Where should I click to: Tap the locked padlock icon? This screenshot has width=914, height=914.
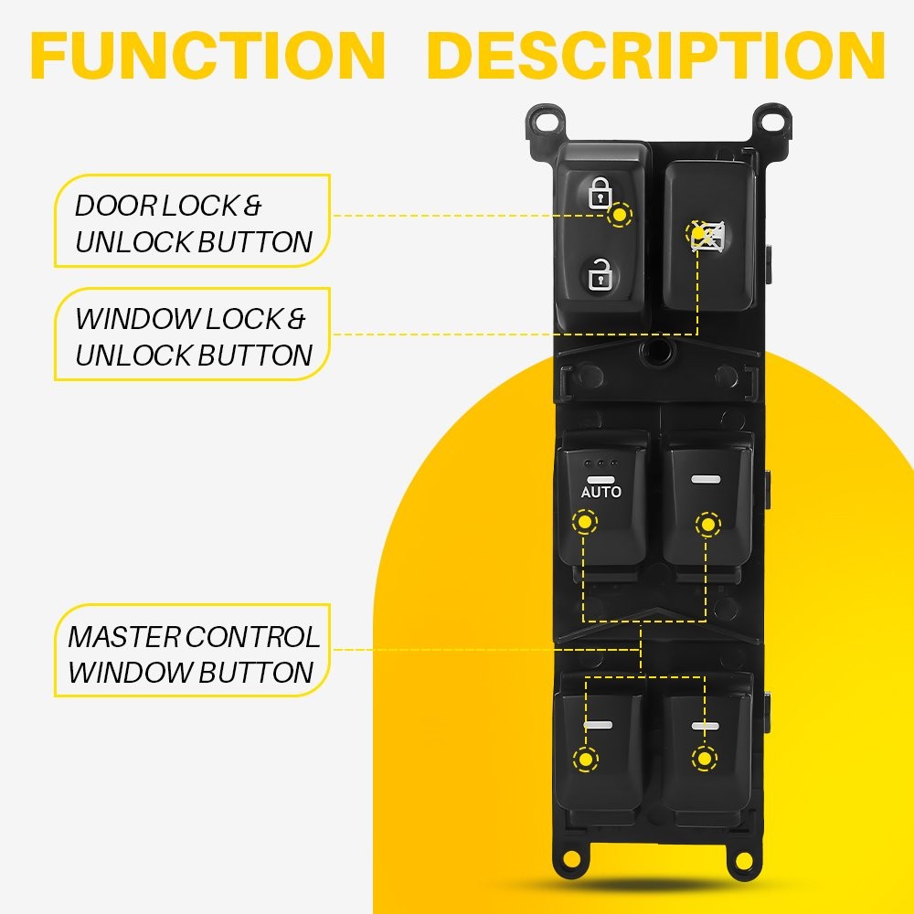(600, 193)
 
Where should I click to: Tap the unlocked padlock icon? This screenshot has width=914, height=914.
(600, 272)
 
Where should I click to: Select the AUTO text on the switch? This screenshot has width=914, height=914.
(600, 492)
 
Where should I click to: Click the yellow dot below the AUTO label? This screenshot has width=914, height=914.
(582, 523)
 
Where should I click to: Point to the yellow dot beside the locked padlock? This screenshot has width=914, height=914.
(622, 216)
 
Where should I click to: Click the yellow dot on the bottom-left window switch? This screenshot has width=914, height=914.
(582, 759)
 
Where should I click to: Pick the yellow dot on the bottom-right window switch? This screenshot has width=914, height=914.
(704, 758)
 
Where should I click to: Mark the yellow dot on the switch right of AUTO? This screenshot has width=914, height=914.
(707, 524)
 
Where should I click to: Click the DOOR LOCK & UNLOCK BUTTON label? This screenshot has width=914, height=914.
(193, 223)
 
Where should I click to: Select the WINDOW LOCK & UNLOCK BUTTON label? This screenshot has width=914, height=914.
(193, 336)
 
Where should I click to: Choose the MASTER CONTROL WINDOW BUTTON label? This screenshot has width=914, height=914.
(193, 654)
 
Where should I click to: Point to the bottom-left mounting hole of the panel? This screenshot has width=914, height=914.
(572, 859)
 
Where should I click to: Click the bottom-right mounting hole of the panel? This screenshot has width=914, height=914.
(741, 859)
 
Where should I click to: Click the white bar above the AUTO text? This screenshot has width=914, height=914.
(600, 479)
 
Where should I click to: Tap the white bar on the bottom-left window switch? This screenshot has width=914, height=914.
(598, 726)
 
